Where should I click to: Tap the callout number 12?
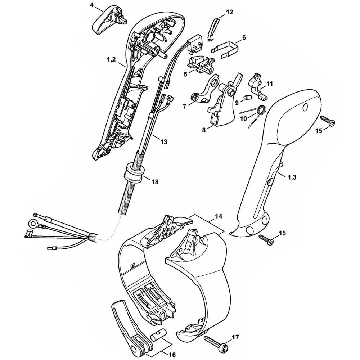(x=229, y=12)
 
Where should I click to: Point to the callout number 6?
(x=244, y=37)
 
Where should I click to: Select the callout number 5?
(x=185, y=74)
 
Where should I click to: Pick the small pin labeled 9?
(x=247, y=98)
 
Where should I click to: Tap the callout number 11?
(x=269, y=84)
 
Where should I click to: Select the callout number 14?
(x=219, y=216)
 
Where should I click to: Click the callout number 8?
(x=204, y=130)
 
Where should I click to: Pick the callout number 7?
(x=185, y=107)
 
